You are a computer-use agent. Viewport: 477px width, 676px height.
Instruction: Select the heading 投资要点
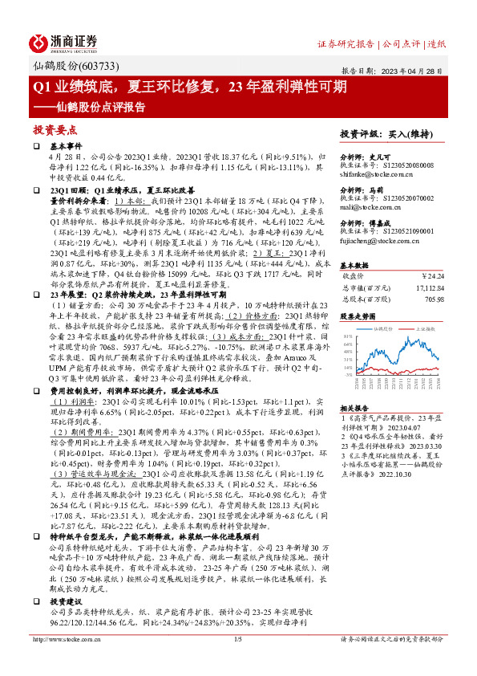coord(53,128)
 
